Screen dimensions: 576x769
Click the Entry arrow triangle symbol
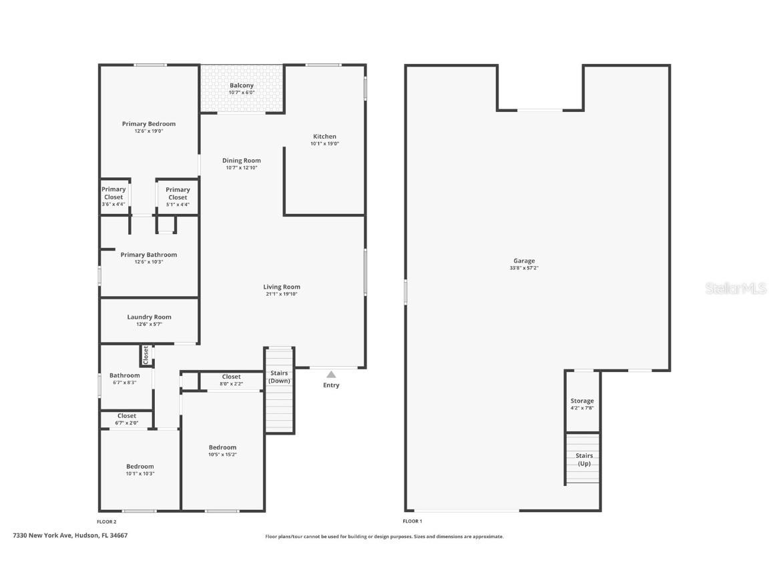click(x=331, y=375)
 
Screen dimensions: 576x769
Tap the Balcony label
click(x=242, y=86)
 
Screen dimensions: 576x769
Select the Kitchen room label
click(x=324, y=137)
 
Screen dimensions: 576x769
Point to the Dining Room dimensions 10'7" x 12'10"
click(x=241, y=168)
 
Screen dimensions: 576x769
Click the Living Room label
click(x=281, y=287)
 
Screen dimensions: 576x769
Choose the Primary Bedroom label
click(x=148, y=124)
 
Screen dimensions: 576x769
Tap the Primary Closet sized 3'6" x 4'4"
click(x=113, y=193)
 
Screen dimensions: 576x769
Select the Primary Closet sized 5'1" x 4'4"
click(x=178, y=193)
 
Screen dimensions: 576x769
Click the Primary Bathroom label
click(x=148, y=255)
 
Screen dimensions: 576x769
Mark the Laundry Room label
click(x=149, y=317)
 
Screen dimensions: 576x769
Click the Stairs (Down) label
click(x=279, y=377)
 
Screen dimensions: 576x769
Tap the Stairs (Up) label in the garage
click(x=583, y=459)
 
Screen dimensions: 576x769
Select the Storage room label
click(x=582, y=401)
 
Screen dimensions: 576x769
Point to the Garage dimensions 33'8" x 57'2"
click(x=524, y=269)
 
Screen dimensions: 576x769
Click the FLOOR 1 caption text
click(x=412, y=521)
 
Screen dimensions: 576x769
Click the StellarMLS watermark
click(x=737, y=288)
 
